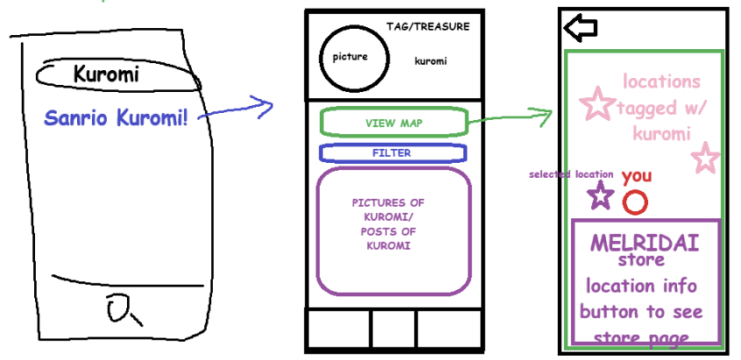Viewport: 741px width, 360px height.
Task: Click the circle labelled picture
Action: [x=350, y=58]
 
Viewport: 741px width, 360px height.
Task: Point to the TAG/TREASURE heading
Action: [x=427, y=26]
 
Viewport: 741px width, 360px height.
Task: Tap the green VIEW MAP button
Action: [x=393, y=123]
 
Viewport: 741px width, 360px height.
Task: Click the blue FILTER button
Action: [x=392, y=152]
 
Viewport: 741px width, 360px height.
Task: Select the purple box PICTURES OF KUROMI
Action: [x=393, y=229]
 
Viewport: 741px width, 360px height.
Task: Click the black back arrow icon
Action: [x=581, y=28]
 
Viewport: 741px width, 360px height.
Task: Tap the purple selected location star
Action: [x=600, y=195]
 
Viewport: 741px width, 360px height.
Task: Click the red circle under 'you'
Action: [x=635, y=203]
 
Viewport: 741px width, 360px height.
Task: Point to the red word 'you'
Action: [x=637, y=176]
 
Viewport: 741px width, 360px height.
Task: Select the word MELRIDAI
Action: [x=645, y=243]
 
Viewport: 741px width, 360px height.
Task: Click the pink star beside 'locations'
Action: [x=598, y=103]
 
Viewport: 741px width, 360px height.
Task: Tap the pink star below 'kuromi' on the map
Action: [x=704, y=159]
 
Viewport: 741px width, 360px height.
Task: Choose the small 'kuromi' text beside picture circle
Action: [x=430, y=61]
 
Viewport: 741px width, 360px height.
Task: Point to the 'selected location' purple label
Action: [x=571, y=174]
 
